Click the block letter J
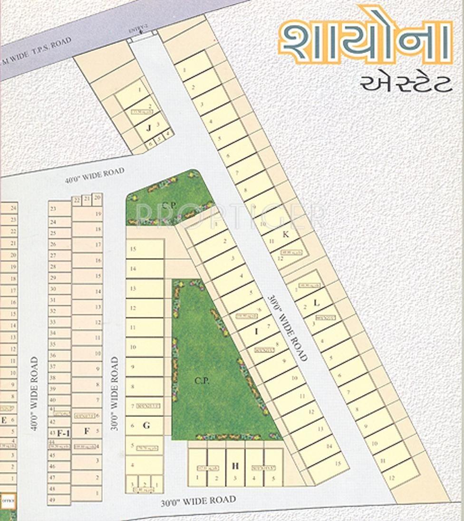[x=149, y=127]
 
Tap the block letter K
[x=285, y=233]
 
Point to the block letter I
[x=256, y=332]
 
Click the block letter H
[x=235, y=466]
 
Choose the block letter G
[x=146, y=426]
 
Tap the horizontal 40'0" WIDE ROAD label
[x=95, y=176]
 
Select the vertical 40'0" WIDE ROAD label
[x=34, y=395]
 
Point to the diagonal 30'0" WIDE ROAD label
[x=288, y=328]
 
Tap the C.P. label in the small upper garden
[x=166, y=205]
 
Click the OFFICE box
[x=8, y=501]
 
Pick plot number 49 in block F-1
[x=52, y=500]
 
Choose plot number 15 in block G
[x=133, y=249]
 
